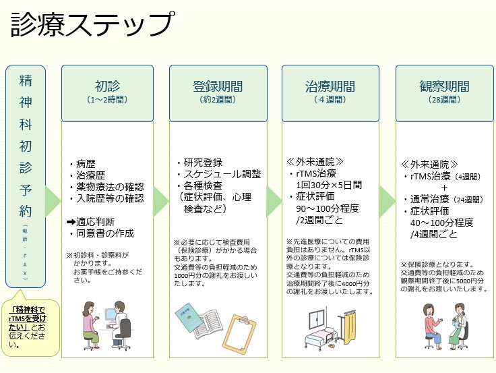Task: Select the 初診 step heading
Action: (106, 87)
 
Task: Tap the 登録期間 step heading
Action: (218, 87)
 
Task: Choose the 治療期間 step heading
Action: (330, 87)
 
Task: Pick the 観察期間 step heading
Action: (444, 87)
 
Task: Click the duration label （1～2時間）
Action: (106, 100)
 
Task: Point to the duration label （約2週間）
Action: (218, 100)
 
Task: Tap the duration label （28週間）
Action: (444, 100)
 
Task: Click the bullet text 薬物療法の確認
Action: (110, 186)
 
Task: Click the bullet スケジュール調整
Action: (221, 174)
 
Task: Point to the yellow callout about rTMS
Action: (32, 327)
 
